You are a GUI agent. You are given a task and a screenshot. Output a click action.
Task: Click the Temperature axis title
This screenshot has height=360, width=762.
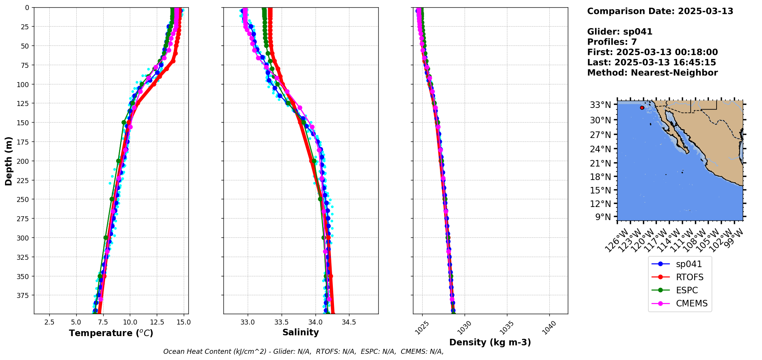click(111, 333)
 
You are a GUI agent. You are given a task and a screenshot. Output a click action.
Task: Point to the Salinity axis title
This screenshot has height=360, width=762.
click(300, 332)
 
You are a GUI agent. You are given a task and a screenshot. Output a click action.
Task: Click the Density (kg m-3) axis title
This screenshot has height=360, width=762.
click(490, 342)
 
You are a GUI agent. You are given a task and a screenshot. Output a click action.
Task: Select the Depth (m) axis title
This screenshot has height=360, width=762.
click(8, 161)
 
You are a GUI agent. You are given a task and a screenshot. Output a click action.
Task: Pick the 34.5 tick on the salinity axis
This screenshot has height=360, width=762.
click(349, 322)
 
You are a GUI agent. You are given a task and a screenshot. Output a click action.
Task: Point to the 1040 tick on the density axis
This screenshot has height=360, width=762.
click(549, 326)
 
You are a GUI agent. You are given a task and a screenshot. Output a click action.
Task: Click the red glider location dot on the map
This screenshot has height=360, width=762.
click(642, 108)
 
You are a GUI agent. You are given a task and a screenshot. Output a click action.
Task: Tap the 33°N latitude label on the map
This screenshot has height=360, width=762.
click(600, 105)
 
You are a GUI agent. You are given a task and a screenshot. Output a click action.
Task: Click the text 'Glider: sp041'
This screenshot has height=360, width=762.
click(619, 32)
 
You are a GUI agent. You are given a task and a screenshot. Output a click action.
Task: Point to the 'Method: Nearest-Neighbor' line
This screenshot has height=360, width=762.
click(652, 73)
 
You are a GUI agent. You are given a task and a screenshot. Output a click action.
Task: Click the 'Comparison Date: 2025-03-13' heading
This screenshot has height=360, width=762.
click(660, 11)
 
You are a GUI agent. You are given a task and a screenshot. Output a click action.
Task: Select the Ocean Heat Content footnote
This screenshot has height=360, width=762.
click(303, 352)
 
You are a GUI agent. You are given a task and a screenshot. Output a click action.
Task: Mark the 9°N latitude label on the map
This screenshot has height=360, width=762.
click(603, 217)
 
